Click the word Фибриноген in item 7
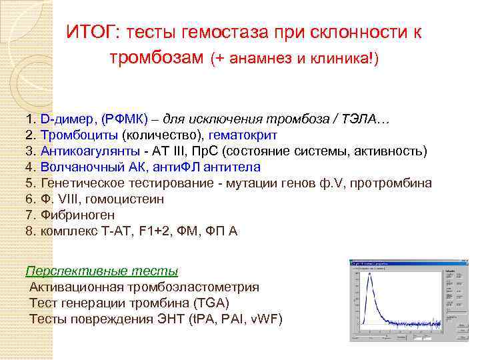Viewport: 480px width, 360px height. pos(77,215)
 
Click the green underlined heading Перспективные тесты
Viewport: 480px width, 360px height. pos(102,271)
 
